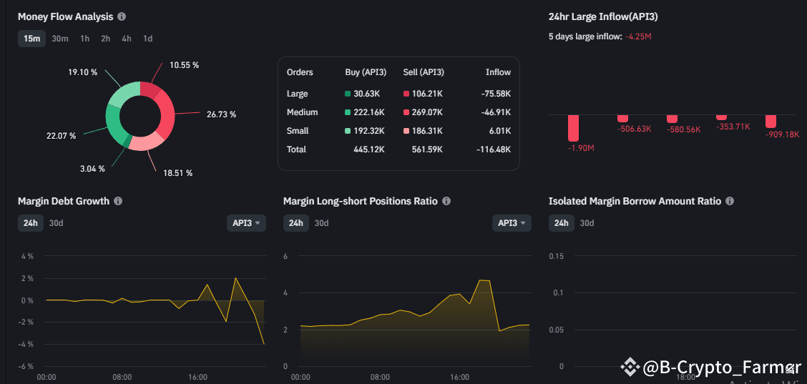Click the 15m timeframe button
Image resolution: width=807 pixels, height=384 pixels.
[31, 39]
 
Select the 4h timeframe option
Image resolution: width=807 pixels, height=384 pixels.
[127, 39]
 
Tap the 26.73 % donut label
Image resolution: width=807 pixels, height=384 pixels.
[222, 114]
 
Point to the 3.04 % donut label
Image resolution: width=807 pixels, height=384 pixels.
[92, 169]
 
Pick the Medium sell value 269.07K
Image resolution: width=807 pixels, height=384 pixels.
[423, 112]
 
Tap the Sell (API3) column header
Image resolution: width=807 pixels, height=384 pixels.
[424, 72]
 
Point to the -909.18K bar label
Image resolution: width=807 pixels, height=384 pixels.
[782, 134]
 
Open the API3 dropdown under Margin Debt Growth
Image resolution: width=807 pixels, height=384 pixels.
[246, 223]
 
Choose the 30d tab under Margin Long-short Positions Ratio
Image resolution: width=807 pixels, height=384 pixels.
[321, 223]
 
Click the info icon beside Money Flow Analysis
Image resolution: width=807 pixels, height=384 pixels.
[122, 16]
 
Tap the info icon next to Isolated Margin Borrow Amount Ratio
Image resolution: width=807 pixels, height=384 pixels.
[730, 202]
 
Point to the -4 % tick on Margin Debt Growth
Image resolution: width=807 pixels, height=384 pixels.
[26, 345]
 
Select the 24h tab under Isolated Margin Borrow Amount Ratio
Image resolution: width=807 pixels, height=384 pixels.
[562, 223]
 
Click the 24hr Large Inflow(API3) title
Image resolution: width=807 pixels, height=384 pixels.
[602, 16]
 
